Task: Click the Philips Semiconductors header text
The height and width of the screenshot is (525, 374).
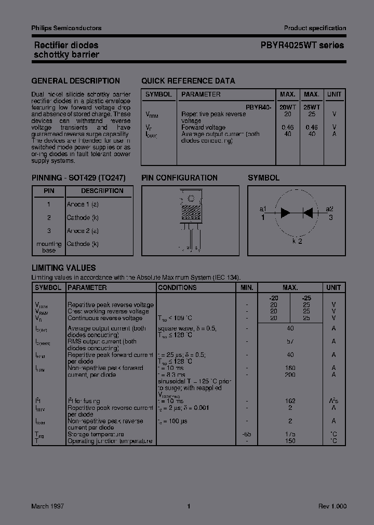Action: [66, 28]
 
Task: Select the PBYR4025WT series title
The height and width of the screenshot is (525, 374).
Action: [302, 45]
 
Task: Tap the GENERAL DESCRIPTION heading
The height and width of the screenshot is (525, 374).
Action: [75, 81]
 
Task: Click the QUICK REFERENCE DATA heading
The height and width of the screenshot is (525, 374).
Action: [188, 81]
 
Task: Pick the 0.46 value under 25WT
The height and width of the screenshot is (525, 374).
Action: [311, 127]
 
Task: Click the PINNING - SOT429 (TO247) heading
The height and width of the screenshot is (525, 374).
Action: [78, 177]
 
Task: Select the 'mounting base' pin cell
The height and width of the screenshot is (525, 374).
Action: [49, 247]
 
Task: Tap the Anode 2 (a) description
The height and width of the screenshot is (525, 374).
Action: [83, 231]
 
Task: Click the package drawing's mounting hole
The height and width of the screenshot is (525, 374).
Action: [191, 198]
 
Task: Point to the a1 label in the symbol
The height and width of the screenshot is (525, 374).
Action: [263, 209]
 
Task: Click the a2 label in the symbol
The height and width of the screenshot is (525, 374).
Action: [329, 209]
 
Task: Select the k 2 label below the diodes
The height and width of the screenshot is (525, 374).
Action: [297, 241]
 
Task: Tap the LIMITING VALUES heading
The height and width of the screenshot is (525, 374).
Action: [63, 268]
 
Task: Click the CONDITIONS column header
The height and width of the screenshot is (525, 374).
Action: [177, 287]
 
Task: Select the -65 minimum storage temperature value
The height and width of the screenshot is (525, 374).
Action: [246, 434]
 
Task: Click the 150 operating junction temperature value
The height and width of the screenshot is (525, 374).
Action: [290, 441]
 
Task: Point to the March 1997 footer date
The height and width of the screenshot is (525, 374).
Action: [48, 506]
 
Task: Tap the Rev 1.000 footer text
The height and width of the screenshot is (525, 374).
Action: [332, 506]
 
